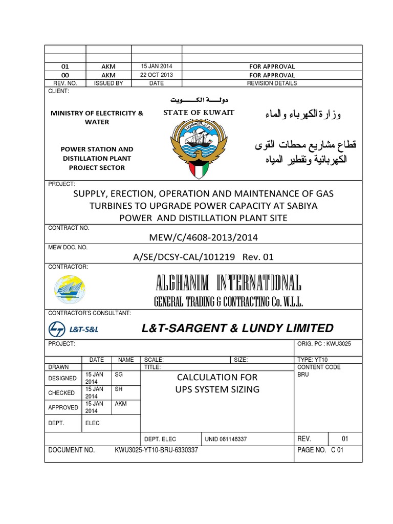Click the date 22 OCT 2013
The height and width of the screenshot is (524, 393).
pos(157,75)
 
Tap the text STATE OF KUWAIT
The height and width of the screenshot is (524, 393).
pos(199,113)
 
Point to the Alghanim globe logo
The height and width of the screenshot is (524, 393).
pos(70,290)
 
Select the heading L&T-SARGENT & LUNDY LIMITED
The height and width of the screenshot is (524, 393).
pos(237,328)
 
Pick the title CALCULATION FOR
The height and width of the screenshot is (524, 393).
pos(217,377)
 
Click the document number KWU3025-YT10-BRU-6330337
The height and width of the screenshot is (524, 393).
pos(156,451)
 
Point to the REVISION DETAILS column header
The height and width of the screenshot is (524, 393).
pos(271,83)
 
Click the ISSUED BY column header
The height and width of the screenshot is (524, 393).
pos(108,83)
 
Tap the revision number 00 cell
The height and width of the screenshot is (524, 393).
pos(65,75)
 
